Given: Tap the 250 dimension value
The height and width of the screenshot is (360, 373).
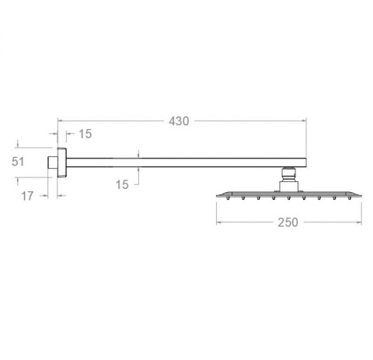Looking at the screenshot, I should (x=288, y=222).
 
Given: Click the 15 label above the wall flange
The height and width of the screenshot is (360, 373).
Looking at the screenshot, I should (x=85, y=134).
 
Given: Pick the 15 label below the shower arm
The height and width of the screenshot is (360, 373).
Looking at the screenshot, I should (x=122, y=184).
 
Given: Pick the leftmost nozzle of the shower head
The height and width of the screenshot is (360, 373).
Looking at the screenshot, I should (x=228, y=199).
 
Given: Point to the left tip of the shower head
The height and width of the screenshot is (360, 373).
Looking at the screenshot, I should (x=217, y=194).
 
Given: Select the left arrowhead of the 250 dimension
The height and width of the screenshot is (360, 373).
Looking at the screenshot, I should (x=218, y=222).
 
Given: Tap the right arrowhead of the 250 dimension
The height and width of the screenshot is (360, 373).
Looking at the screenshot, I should (x=360, y=222).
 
